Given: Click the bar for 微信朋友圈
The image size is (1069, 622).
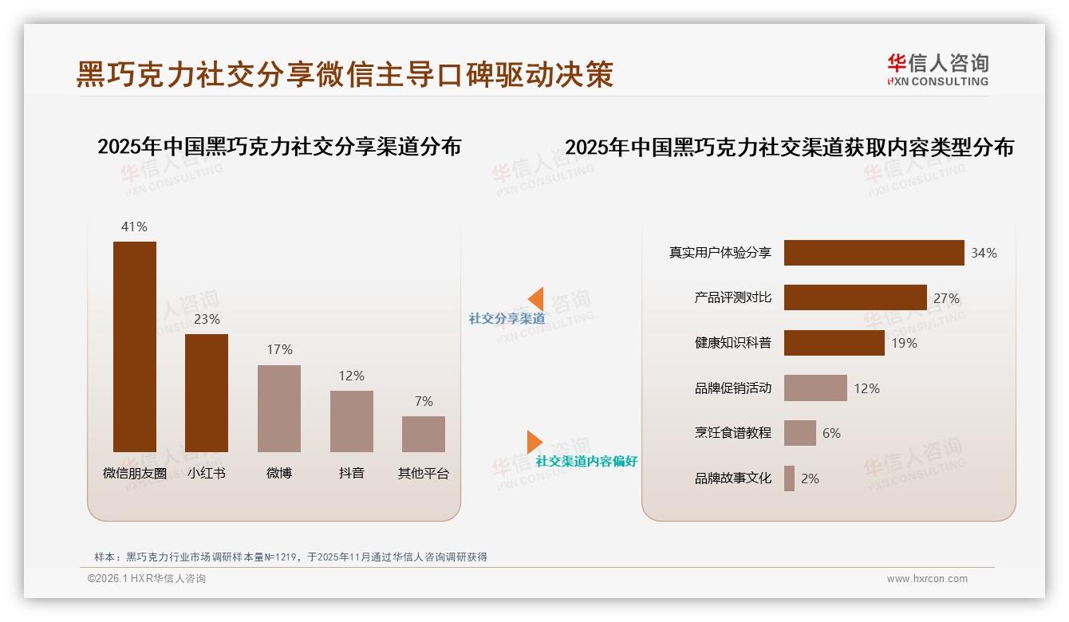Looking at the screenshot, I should click(135, 347).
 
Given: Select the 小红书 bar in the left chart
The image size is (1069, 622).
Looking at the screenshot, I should click(207, 393).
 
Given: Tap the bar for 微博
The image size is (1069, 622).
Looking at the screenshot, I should click(279, 408).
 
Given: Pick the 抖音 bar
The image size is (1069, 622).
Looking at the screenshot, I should click(351, 421).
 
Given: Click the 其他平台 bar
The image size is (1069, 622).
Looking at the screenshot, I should click(424, 434).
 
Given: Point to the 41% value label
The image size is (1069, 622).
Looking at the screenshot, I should click(134, 226).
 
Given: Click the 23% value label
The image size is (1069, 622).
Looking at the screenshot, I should click(207, 319).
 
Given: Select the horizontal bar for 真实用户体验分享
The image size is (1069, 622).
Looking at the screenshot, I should click(874, 253).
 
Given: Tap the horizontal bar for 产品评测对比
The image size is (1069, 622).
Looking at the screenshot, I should click(855, 297).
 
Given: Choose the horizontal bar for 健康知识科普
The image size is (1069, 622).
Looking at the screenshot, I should click(834, 343).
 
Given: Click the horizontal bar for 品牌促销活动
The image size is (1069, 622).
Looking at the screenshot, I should click(815, 388).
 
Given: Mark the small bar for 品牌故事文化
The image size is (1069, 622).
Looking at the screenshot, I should click(789, 478).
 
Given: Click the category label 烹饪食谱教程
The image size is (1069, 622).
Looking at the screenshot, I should click(732, 433).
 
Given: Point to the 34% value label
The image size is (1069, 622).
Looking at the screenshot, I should click(984, 253).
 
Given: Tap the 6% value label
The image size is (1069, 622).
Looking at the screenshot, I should click(831, 433).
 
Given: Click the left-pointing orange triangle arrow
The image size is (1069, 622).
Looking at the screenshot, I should click(536, 299).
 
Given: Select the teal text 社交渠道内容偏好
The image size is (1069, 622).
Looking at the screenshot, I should click(586, 461).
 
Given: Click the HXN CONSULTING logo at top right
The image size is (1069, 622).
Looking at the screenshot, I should click(937, 70).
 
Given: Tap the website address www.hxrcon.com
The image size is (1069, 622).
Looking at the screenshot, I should click(927, 579).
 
